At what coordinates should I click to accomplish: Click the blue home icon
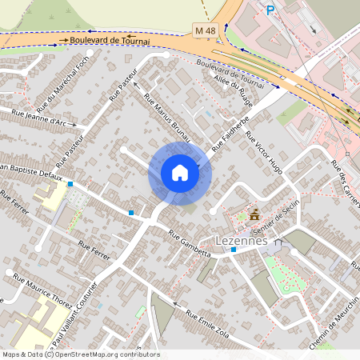[x=180, y=173]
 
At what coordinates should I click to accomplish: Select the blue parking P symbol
[x=270, y=10]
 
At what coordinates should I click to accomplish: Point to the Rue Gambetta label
[x=190, y=243]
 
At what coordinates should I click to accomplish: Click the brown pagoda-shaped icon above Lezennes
[x=254, y=214]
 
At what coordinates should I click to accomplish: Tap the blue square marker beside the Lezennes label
[x=233, y=250]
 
